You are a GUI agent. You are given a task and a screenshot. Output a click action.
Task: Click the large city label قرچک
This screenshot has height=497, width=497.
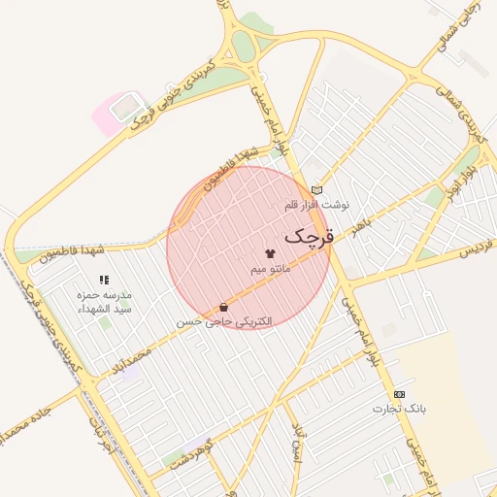pos(310,235)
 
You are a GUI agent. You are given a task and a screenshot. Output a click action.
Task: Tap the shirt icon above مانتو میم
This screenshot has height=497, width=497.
pos(270,252)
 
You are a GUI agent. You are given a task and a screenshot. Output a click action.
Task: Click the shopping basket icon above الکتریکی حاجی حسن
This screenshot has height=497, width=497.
pos(225,307)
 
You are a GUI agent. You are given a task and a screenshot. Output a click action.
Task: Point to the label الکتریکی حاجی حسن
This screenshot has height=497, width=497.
pos(225,321)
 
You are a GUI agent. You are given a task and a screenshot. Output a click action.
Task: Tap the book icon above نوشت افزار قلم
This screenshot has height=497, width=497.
pos(315,190)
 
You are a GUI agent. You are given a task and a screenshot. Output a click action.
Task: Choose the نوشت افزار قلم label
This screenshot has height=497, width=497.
pos(315,206)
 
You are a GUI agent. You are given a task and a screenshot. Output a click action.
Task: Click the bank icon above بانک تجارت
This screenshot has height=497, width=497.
pos(399,394)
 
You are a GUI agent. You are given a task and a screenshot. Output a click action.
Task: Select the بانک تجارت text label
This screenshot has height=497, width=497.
pos(399,409)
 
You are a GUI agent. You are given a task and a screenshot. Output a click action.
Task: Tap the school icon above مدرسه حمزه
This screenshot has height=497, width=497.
pos(104,280)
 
